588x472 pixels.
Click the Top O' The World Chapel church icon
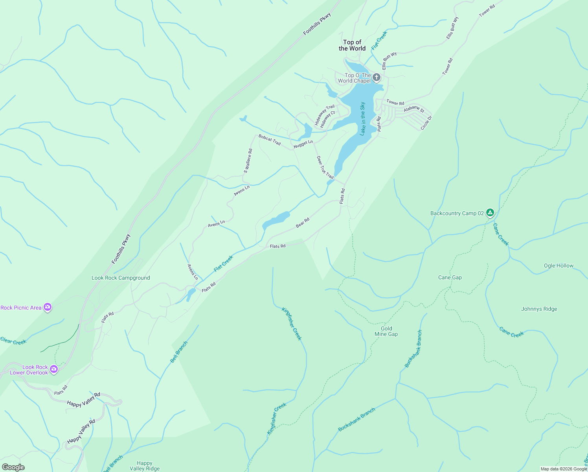[377, 77]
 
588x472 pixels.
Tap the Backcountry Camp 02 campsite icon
[490, 213]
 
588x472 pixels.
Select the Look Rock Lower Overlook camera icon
[54, 369]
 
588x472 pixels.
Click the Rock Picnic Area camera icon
[48, 307]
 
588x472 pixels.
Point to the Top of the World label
[352, 45]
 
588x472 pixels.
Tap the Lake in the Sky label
[363, 119]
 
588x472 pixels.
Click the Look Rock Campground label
[121, 278]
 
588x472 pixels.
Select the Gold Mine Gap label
[386, 331]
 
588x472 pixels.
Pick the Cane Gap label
[450, 277]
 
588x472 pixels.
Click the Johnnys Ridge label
[539, 309]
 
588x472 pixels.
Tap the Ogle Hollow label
[558, 265]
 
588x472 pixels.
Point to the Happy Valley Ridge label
[145, 466]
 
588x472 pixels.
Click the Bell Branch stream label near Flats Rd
[179, 352]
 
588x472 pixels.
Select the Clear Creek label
[13, 341]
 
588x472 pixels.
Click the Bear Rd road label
[302, 223]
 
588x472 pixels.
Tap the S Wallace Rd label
[248, 160]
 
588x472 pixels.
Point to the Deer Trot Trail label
[325, 167]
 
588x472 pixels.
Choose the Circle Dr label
[426, 123]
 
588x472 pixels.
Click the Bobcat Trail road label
[270, 140]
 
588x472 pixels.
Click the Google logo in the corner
[13, 467]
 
